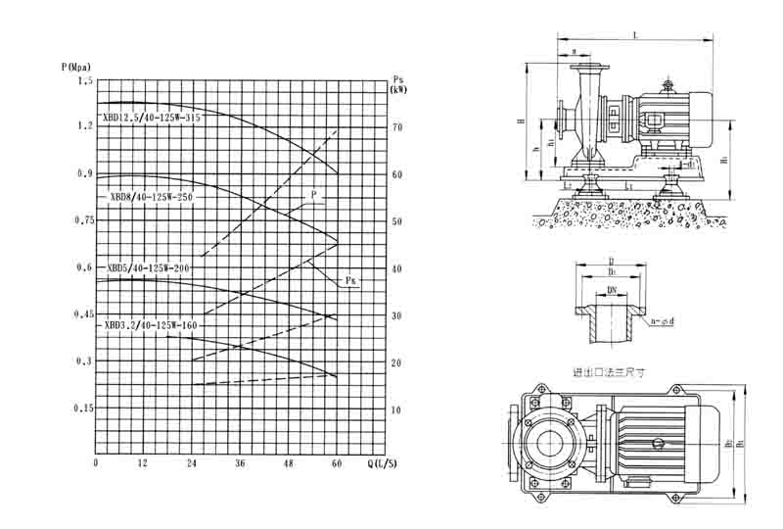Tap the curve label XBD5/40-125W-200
click(x=149, y=266)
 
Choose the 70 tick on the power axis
click(x=396, y=127)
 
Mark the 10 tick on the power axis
click(x=396, y=409)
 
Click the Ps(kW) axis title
click(x=398, y=83)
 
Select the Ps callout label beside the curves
click(x=349, y=282)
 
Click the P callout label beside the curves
click(x=315, y=195)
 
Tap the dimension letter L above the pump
click(x=636, y=35)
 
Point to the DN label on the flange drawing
click(x=612, y=291)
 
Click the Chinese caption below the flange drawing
click(x=611, y=372)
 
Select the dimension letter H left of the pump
click(x=521, y=121)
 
